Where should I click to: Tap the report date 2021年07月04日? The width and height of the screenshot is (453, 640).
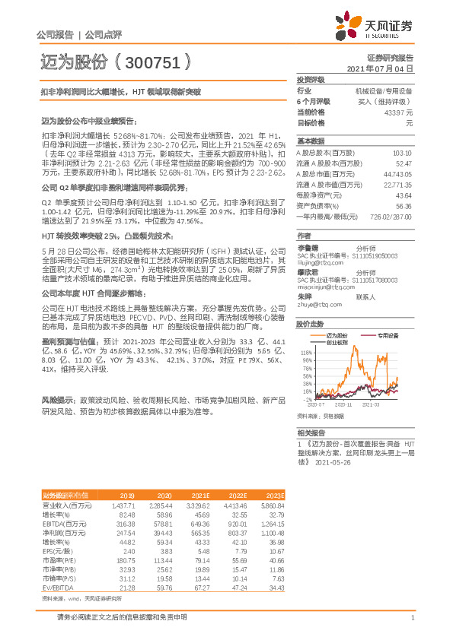point(380,68)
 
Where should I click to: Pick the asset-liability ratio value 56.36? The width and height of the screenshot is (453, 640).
point(404,205)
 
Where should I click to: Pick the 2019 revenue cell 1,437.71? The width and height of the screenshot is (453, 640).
point(123,504)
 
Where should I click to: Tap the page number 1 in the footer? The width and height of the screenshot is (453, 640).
point(412,616)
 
